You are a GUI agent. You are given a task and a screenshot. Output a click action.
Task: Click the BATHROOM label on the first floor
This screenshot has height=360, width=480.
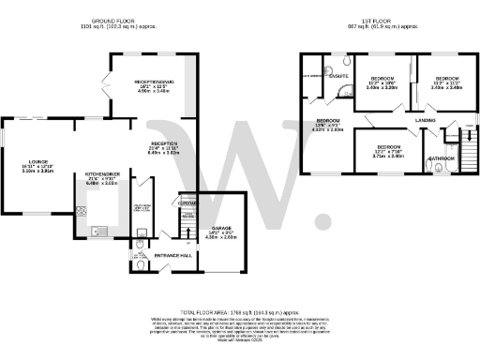(x=442, y=158)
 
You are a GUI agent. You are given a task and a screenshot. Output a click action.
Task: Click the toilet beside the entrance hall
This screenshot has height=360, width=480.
(x=139, y=262)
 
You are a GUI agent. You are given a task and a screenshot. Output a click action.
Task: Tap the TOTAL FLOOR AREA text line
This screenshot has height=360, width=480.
(x=240, y=308)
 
